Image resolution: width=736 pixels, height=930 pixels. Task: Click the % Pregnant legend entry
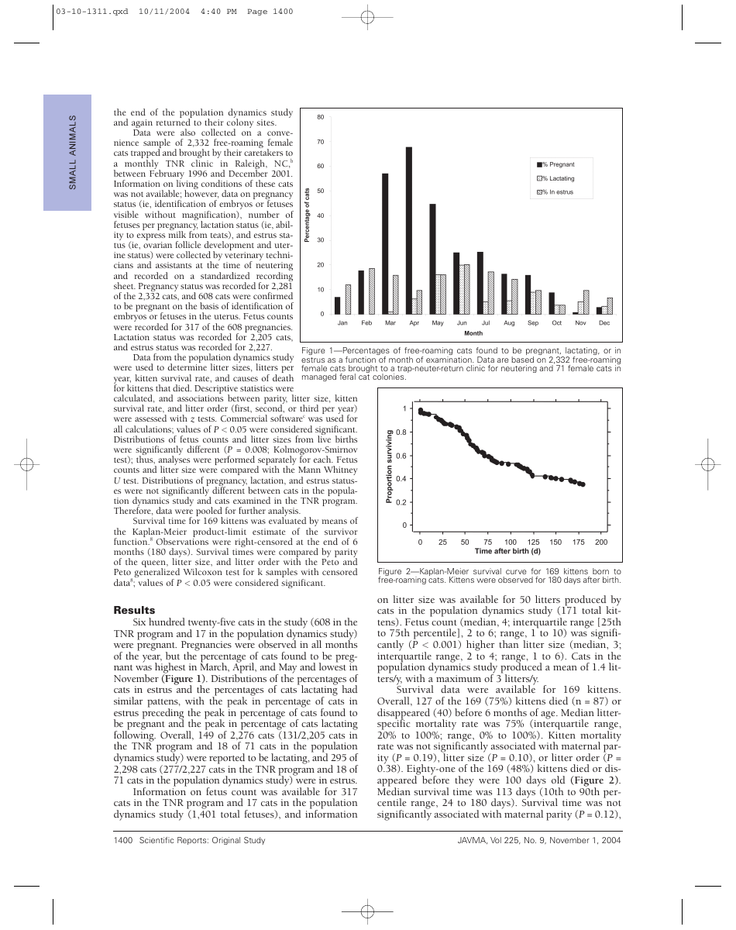pos(556,164)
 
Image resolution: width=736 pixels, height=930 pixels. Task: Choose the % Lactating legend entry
pos(556,178)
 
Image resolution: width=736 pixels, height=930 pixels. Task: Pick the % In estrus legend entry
pos(556,192)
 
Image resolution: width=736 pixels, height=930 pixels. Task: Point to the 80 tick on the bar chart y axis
pos(320,117)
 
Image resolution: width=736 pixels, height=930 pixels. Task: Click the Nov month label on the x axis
pos(580,322)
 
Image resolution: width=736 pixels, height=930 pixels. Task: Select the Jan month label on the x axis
pos(342,322)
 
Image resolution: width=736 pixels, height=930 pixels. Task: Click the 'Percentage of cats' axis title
pos(308,215)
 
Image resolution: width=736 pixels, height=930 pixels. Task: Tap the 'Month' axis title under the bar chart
pos(473,333)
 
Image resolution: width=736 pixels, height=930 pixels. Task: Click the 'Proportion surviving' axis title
pos(389,467)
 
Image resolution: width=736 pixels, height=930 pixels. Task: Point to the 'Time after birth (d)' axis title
pos(507,551)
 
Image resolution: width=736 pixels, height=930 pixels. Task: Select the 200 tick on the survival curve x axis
pos(601,542)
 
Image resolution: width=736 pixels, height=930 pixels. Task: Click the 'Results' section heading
pos(134,610)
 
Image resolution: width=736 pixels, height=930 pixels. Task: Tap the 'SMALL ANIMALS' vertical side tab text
pos(72,153)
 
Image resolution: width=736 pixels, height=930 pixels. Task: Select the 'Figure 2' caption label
pos(396,570)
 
